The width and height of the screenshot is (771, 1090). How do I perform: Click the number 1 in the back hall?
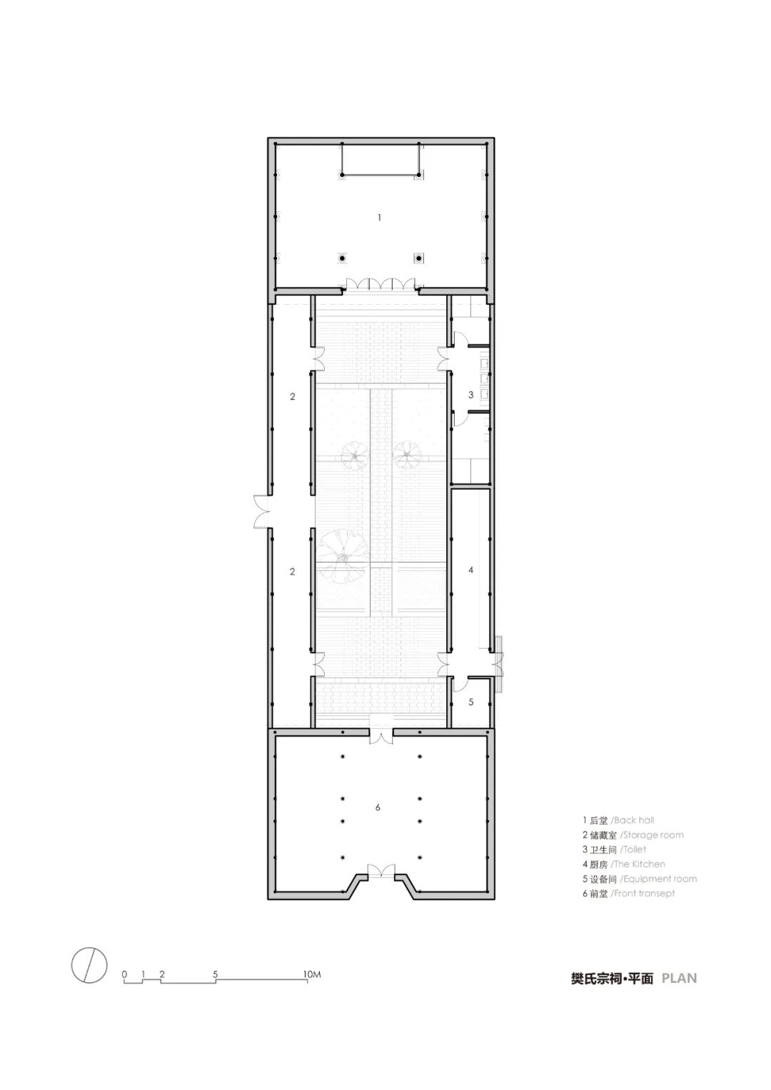pos(379,218)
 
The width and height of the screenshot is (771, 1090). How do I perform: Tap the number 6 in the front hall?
pos(378,807)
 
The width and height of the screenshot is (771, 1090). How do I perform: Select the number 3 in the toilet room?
pos(470,395)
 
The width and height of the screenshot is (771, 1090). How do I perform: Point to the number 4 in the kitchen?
pos(470,570)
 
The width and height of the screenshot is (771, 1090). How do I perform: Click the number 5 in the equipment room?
pos(470,702)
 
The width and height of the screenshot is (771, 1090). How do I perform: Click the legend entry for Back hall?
pos(618,820)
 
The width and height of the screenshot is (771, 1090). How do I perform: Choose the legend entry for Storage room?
pos(633,835)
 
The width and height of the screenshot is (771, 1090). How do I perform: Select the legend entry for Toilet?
pos(614,849)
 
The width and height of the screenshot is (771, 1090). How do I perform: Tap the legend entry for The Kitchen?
pos(623,864)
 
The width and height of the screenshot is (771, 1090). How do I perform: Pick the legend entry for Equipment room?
pos(640,879)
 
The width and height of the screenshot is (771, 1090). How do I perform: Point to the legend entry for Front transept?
pos(628,894)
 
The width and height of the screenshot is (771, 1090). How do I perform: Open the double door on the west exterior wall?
pos(263,511)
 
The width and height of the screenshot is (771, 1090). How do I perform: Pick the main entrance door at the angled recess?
pos(381,872)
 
